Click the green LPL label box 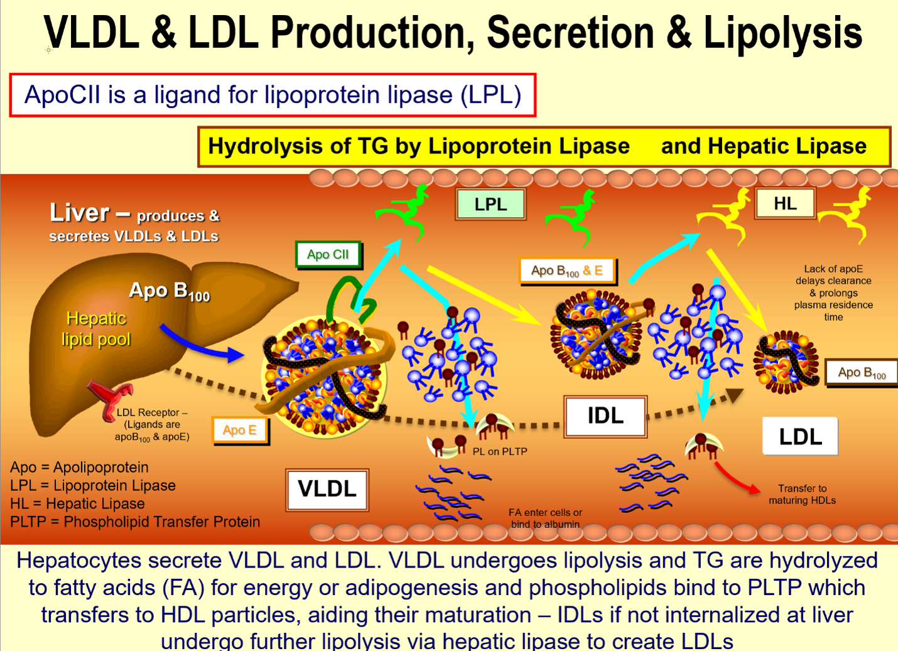490,205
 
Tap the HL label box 786,203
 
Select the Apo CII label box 328,254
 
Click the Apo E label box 240,430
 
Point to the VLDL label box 327,490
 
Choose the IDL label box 605,416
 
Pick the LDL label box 800,436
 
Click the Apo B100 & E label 568,271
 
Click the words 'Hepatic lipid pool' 96,329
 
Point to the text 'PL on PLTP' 499,451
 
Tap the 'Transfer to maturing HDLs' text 802,494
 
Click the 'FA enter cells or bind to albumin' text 545,518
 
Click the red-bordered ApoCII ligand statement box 273,95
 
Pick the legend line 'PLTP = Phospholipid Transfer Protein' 135,522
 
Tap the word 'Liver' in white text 79,212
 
